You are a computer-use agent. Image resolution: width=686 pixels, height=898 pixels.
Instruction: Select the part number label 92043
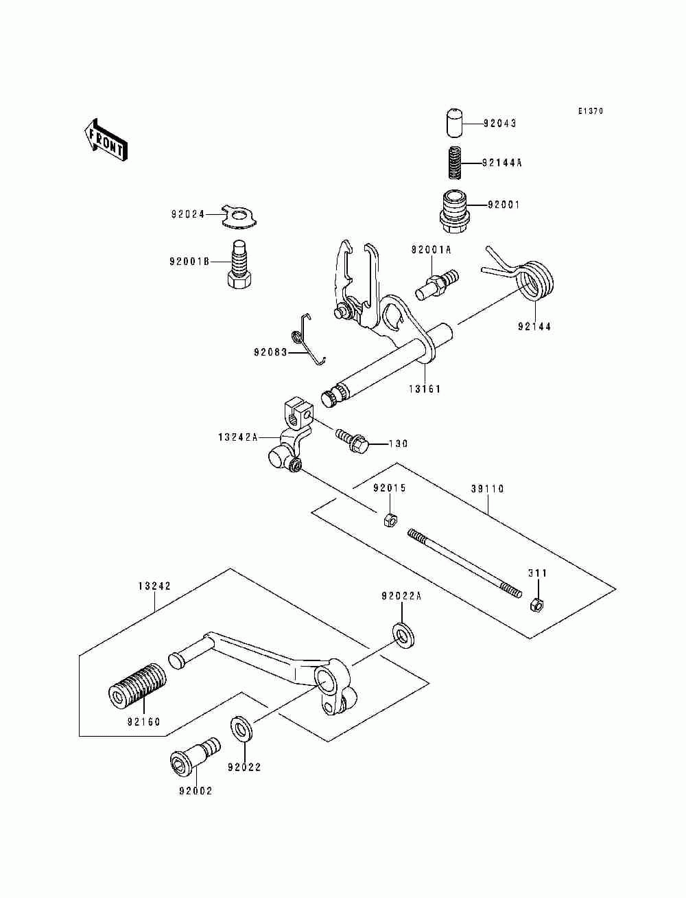(x=499, y=123)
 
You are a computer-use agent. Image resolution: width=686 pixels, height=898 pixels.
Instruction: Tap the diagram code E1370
(x=591, y=111)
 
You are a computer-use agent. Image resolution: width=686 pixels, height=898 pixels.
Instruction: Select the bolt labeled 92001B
(x=240, y=265)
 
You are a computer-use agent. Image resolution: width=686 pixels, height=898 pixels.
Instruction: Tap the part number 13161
(x=425, y=389)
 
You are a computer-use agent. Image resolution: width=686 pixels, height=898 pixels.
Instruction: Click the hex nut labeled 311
(x=536, y=604)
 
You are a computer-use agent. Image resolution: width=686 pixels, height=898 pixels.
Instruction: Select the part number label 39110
(x=487, y=489)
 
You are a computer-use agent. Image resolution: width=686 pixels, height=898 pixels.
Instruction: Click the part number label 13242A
(x=238, y=437)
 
